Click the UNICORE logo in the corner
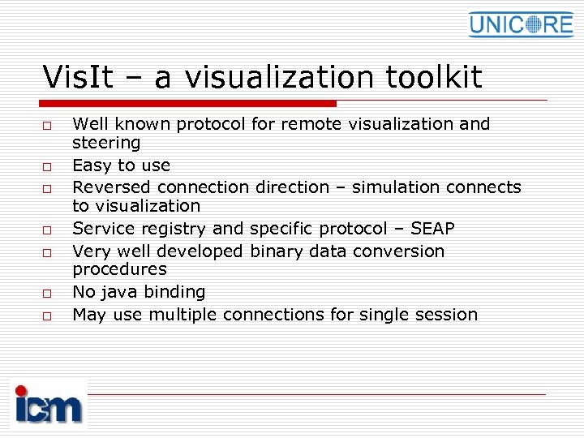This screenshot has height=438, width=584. pos(520,24)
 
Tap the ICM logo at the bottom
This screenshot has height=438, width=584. pos(49,405)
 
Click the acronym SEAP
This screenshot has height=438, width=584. pos(432,229)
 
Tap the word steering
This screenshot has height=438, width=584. pos(106,144)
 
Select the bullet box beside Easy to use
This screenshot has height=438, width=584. pos(48,166)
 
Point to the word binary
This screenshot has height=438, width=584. pos(275,251)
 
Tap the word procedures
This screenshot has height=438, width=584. pos(119,270)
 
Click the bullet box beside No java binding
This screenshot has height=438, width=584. pos(48,293)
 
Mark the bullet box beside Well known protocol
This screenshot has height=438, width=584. pos(48,125)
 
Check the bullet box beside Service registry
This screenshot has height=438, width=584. pos(48,230)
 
